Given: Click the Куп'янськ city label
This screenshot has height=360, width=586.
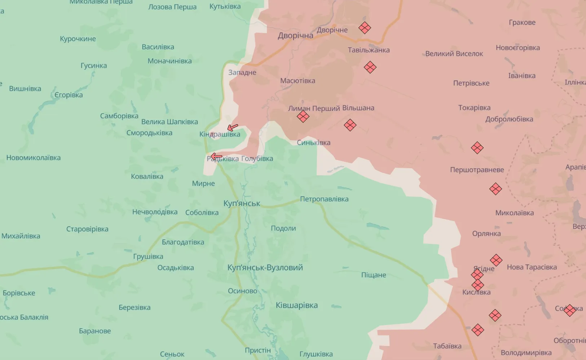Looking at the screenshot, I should click(242, 203).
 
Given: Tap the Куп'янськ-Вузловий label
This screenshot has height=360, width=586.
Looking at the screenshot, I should click(265, 268).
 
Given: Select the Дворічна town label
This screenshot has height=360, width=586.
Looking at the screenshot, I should click(295, 36).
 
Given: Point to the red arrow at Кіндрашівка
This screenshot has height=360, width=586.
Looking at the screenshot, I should click(233, 128).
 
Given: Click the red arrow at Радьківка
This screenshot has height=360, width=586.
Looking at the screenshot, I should click(216, 156).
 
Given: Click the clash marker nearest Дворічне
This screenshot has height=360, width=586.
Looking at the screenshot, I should click(365, 28).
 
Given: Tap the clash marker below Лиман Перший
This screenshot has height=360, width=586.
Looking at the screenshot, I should click(303, 116).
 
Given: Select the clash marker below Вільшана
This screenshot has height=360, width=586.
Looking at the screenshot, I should click(350, 125).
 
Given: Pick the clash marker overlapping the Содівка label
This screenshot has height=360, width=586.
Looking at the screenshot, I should click(569, 310).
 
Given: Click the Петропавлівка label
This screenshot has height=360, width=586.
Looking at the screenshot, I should click(324, 199).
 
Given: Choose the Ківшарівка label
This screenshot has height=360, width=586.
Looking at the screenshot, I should click(297, 306).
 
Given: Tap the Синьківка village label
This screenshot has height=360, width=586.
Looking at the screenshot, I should click(313, 143).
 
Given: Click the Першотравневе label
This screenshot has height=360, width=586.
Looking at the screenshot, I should click(477, 170).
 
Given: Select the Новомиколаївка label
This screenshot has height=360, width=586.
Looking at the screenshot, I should click(34, 158).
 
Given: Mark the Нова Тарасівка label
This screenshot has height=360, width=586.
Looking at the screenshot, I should click(532, 267).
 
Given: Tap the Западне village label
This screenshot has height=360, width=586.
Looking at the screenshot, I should click(242, 72).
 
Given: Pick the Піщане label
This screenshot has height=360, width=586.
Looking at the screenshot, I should click(374, 275).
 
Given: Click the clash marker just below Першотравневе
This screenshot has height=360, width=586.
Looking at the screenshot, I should click(495, 189).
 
